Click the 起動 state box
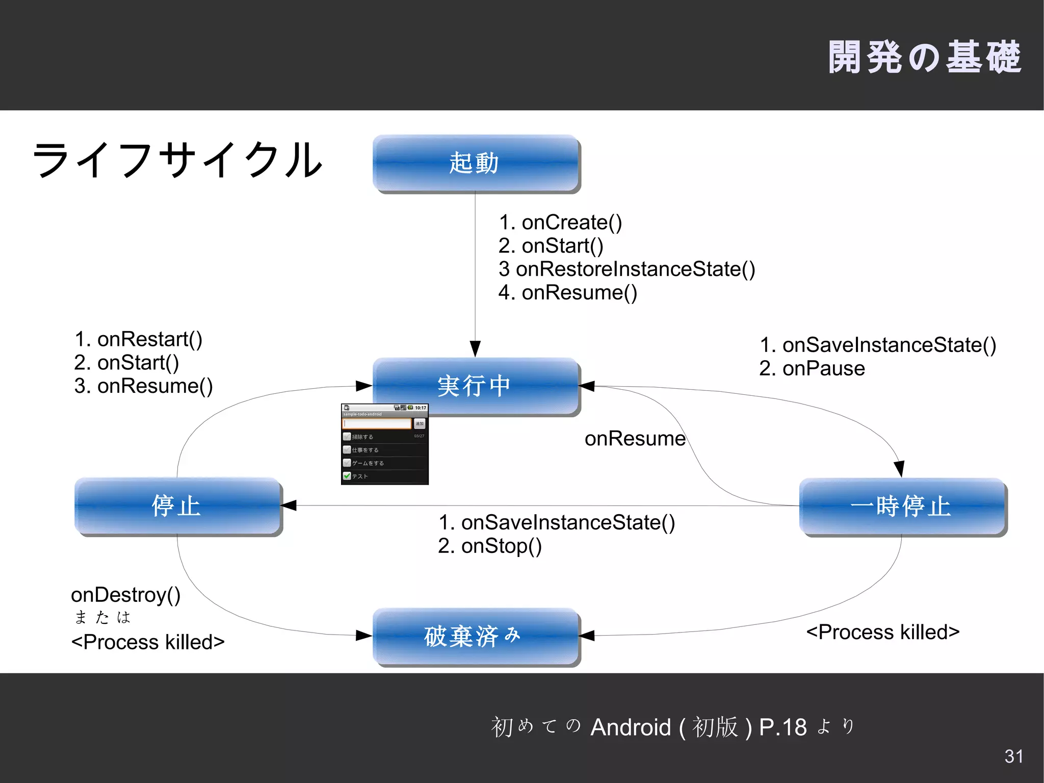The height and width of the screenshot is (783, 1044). coord(476,163)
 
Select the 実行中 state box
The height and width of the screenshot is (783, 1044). coord(476,386)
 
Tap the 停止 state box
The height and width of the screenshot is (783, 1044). coord(177,506)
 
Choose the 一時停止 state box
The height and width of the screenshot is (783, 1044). coord(902,506)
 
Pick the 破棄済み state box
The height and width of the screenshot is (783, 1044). coord(476,636)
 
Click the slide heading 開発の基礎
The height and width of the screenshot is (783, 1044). coord(924,57)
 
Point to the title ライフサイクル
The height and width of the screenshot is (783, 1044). coord(177,160)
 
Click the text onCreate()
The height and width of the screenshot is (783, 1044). coord(571,222)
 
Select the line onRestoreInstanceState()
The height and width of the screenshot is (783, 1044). coord(634,269)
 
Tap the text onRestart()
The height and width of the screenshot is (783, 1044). coord(149,339)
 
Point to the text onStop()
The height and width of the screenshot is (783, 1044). coord(501,546)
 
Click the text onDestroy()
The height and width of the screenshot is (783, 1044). coord(126,595)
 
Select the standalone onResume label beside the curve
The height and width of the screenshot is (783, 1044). coord(635,439)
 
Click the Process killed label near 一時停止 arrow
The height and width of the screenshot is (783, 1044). coord(882,632)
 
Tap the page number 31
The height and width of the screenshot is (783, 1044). coord(1013,756)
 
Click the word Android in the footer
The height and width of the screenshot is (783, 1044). coord(631,727)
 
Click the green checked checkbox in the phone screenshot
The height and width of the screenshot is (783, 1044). coord(347,476)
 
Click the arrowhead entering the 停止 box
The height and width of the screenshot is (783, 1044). coord(289,506)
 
